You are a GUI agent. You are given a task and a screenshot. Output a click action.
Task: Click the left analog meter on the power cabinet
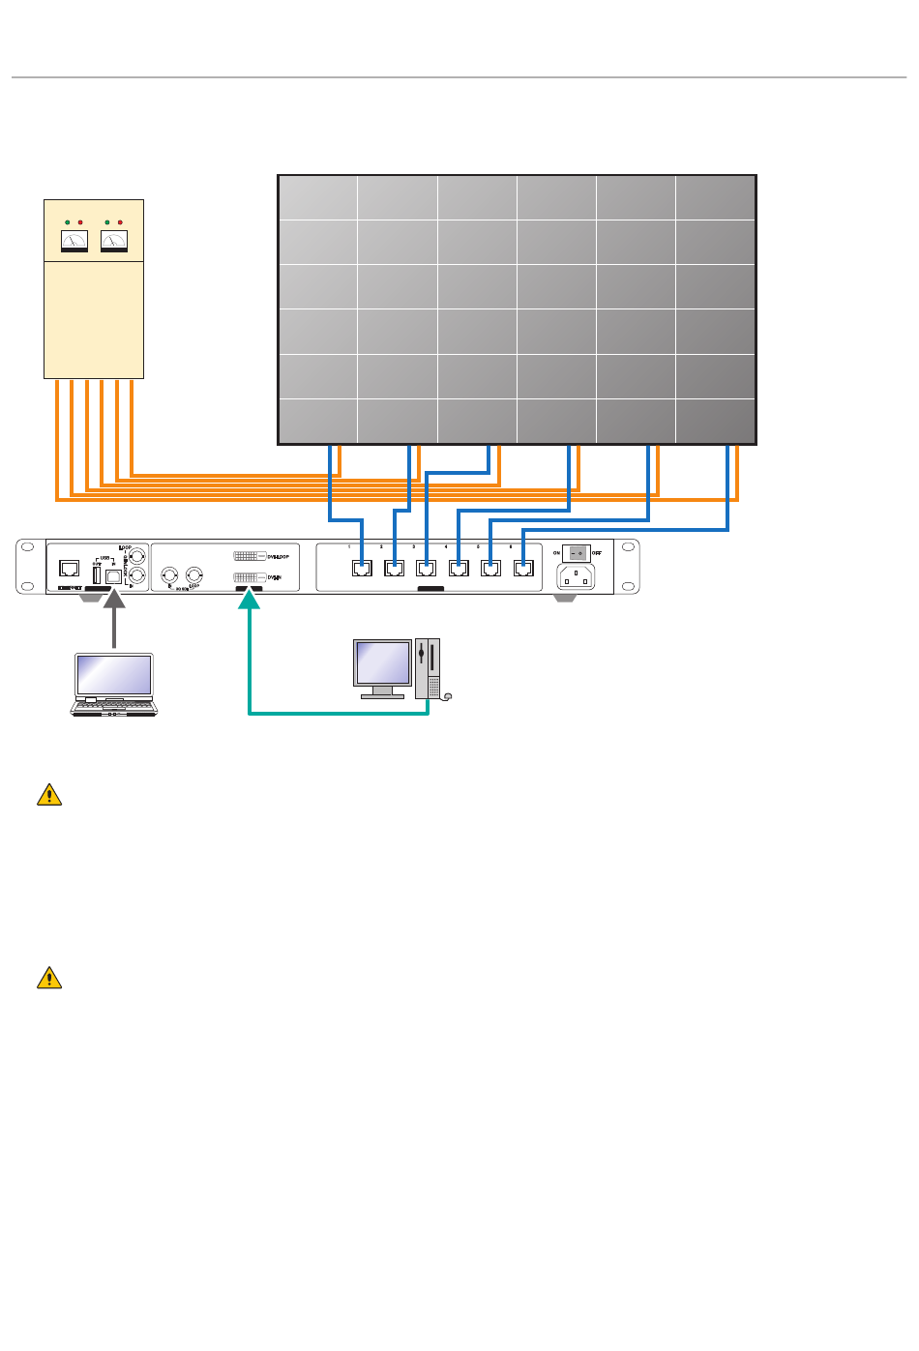pyautogui.click(x=74, y=241)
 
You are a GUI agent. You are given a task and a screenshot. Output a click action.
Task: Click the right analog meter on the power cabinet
pyautogui.click(x=114, y=241)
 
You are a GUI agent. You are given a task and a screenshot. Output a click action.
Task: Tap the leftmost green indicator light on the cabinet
pyautogui.click(x=68, y=222)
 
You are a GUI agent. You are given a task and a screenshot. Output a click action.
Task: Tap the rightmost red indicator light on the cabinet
pyautogui.click(x=120, y=222)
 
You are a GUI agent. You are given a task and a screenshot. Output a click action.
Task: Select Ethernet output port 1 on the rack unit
pyautogui.click(x=362, y=568)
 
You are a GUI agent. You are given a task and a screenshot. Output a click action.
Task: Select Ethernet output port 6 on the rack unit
pyautogui.click(x=523, y=568)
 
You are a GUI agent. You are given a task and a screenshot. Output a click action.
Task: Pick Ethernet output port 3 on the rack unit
pyautogui.click(x=426, y=568)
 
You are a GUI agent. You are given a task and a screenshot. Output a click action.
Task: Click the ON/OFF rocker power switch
pyautogui.click(x=577, y=553)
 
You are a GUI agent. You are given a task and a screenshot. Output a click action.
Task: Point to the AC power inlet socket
pyautogui.click(x=577, y=576)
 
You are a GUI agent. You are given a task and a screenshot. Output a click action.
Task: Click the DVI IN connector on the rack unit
pyautogui.click(x=250, y=577)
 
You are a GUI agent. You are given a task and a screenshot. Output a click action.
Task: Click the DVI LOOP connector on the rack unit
pyautogui.click(x=250, y=556)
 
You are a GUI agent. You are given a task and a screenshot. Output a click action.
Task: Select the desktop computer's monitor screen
pyautogui.click(x=382, y=662)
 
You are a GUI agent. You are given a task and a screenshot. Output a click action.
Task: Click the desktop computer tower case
pyautogui.click(x=428, y=667)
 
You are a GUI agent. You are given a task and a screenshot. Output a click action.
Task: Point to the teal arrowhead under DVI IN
pyautogui.click(x=250, y=600)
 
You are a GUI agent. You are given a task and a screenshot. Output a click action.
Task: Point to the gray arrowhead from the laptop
pyautogui.click(x=114, y=600)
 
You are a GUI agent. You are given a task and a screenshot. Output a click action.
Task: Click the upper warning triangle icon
pyautogui.click(x=49, y=795)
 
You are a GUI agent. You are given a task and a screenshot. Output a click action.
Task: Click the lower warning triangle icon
pyautogui.click(x=49, y=978)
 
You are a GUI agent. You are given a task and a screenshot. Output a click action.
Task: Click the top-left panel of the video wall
pyautogui.click(x=318, y=198)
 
